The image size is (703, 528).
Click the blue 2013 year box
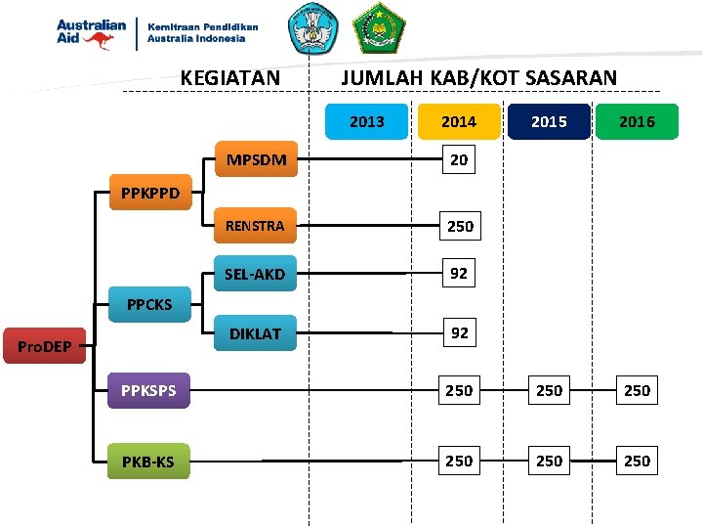point(366,121)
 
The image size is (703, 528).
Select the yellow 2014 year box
point(458,121)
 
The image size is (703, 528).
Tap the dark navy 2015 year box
point(548,121)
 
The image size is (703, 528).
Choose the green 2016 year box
point(637,121)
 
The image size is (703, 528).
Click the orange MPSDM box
point(257,159)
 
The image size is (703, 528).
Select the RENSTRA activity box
point(255,226)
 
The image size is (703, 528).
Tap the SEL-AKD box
point(255,274)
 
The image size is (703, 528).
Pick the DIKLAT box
point(255,333)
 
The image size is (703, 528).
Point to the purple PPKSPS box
point(148,391)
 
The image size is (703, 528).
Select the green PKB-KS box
point(148,462)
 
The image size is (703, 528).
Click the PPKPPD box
point(150,193)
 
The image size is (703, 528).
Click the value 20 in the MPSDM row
point(459,159)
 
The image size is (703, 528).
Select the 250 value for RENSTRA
point(460,226)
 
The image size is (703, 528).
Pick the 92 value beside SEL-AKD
point(459,274)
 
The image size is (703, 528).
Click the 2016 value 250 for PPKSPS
point(637,390)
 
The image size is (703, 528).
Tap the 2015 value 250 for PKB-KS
point(549,461)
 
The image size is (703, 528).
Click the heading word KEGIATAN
point(230,77)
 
